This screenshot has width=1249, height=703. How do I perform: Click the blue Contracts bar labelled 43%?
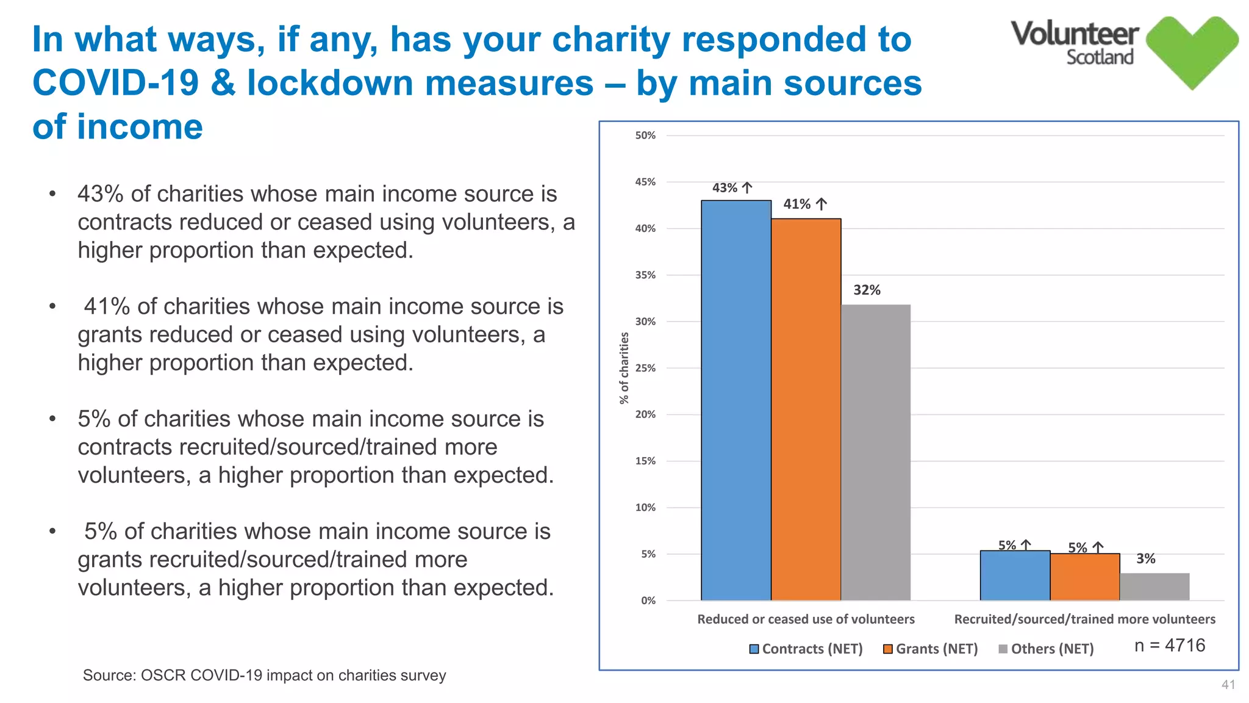tap(735, 400)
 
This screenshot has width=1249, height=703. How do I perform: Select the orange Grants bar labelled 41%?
tap(806, 409)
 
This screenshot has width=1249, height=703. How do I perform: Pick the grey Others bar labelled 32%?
tap(875, 452)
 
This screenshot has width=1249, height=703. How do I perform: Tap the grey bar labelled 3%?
tap(1154, 586)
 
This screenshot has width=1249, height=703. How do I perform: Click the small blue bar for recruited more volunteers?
tap(1015, 575)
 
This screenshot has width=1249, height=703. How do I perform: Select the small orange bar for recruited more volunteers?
tap(1084, 577)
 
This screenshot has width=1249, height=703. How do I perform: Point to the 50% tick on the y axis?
tap(645, 135)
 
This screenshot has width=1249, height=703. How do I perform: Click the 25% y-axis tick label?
tap(645, 368)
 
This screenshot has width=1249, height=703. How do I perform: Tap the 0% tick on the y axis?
tap(648, 600)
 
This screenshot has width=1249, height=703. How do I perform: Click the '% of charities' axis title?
tap(623, 368)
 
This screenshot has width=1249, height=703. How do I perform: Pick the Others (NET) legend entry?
tap(1045, 649)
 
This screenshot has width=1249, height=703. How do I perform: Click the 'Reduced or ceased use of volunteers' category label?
tap(806, 619)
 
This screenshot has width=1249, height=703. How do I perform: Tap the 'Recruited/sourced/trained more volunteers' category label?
tap(1084, 619)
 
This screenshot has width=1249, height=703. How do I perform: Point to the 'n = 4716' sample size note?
tap(1169, 646)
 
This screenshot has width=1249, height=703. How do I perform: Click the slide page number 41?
tap(1228, 685)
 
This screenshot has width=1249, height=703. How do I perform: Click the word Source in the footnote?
tap(107, 676)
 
